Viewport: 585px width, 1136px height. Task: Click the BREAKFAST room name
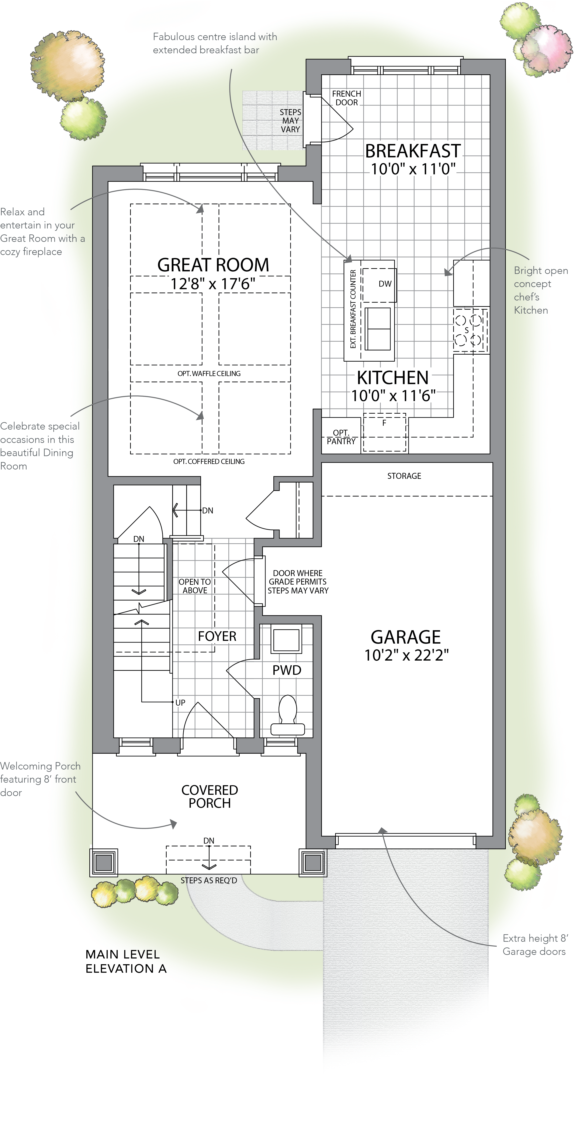tap(413, 151)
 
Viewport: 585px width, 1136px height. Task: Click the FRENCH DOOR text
tap(346, 98)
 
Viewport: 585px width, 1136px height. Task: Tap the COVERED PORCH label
tap(210, 796)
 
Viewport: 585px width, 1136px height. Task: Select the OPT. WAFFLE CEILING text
tap(209, 373)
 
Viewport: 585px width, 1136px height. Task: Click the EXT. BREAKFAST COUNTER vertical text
tap(353, 309)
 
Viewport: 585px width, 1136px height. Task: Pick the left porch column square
tap(104, 862)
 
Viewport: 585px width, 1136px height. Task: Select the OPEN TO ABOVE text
tap(195, 586)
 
